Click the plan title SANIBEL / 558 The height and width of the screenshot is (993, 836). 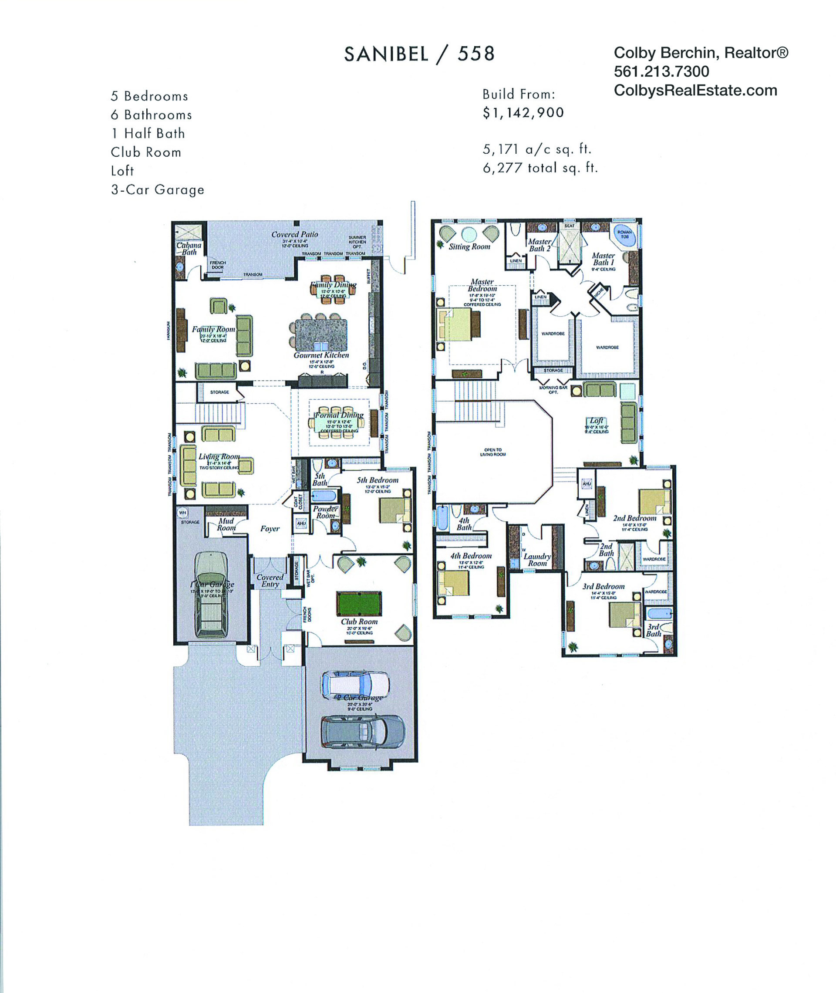[x=419, y=54]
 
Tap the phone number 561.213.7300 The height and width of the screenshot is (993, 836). [x=661, y=71]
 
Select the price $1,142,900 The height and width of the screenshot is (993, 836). [x=523, y=113]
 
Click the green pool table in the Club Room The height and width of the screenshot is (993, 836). [x=359, y=603]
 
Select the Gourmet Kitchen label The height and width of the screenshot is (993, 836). [x=321, y=355]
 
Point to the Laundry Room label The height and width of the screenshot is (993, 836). [x=537, y=560]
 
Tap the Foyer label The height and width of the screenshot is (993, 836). [x=270, y=528]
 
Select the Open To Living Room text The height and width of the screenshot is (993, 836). [x=492, y=452]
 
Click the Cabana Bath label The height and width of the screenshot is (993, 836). [x=189, y=249]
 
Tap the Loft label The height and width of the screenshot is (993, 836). [x=596, y=420]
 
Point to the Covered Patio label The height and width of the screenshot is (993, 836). [x=294, y=234]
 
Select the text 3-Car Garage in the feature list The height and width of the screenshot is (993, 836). [x=157, y=189]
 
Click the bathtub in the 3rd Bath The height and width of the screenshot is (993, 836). [x=659, y=613]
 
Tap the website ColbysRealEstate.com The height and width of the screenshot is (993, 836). [x=695, y=91]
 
